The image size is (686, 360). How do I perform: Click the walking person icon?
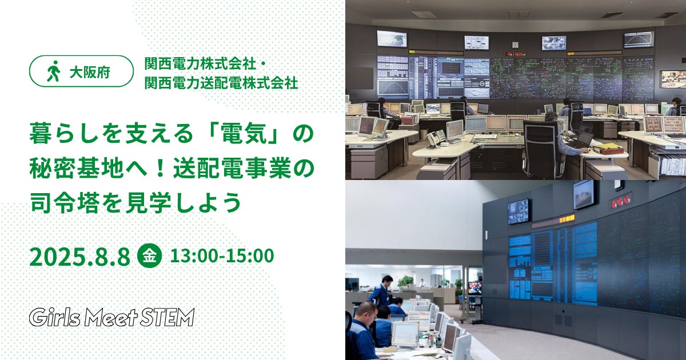(x=53, y=71)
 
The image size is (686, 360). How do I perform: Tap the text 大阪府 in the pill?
(x=90, y=72)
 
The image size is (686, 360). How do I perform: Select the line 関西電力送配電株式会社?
(x=221, y=83)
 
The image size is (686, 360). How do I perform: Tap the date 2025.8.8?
(x=80, y=257)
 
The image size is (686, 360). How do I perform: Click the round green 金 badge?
(x=149, y=256)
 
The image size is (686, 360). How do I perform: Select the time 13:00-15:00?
(x=222, y=256)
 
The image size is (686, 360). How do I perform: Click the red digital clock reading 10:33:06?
(x=516, y=54)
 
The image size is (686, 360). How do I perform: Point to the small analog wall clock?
(x=515, y=45)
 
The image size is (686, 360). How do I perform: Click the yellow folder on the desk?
(x=604, y=149)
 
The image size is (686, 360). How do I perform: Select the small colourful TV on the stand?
(x=475, y=288)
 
